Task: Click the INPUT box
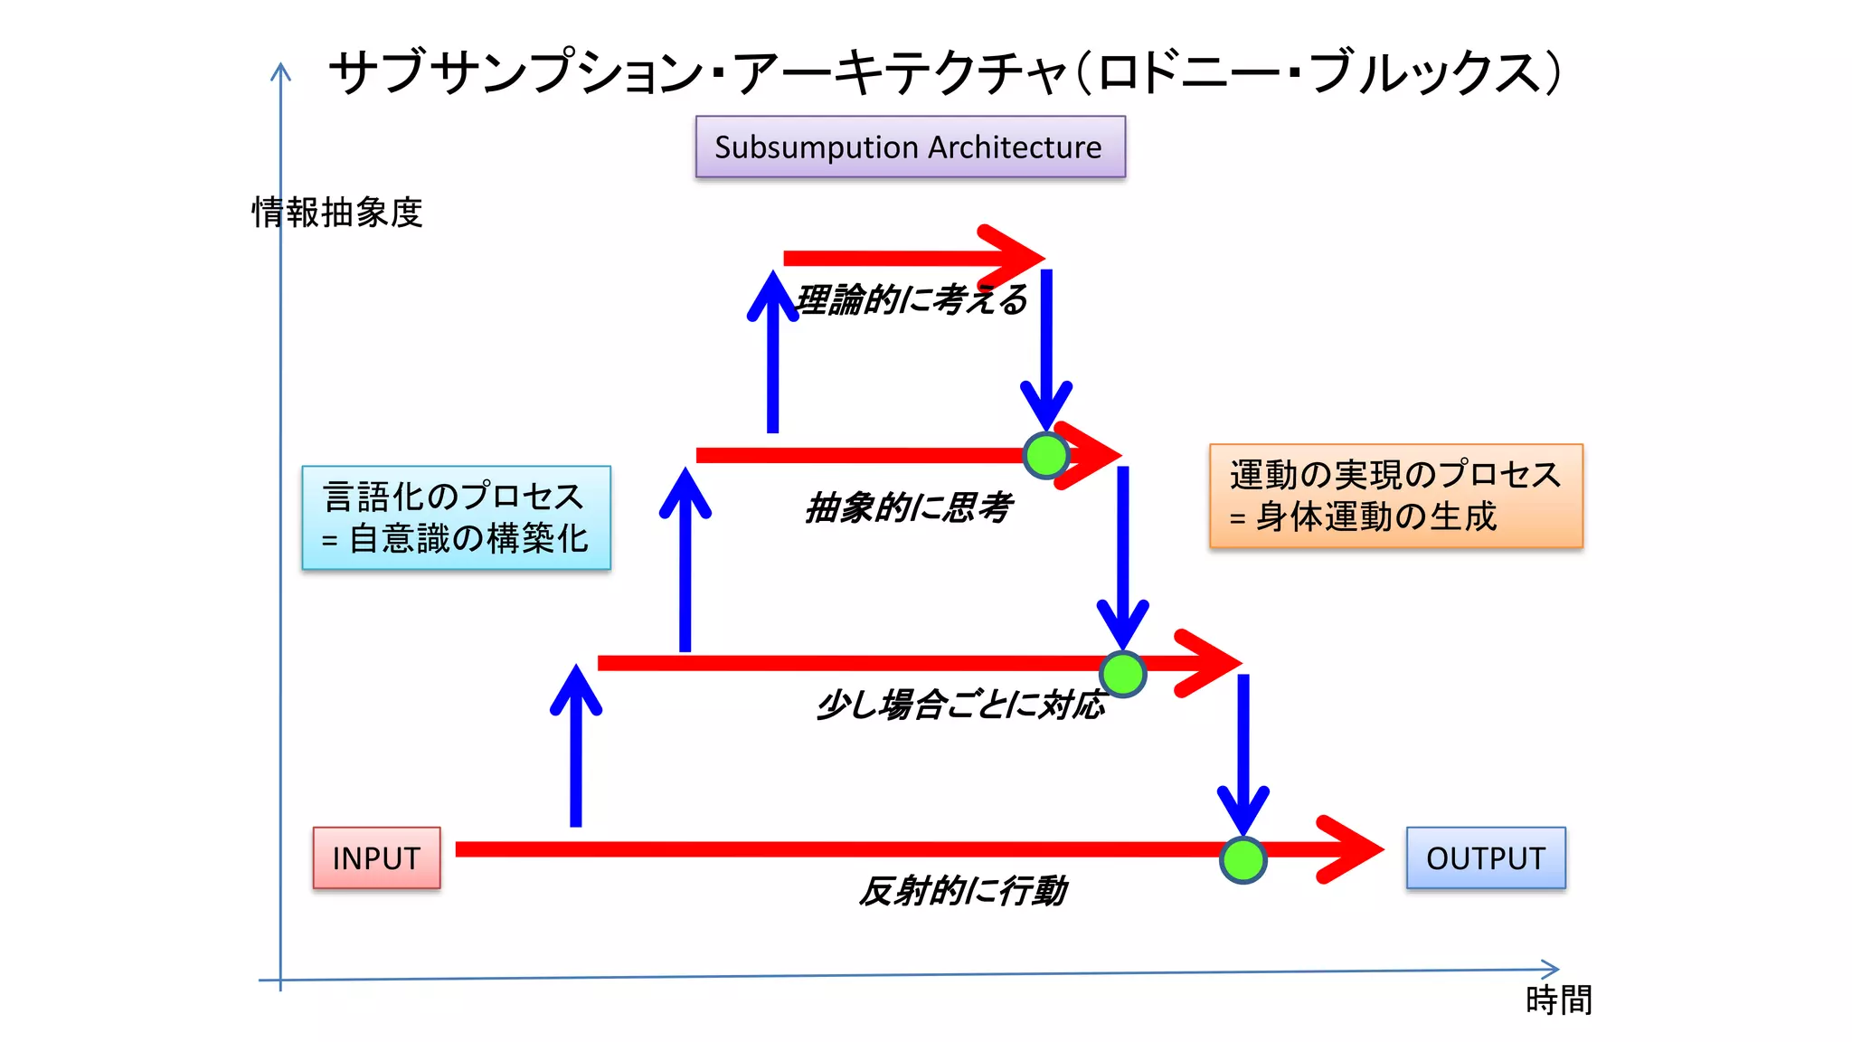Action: click(x=376, y=857)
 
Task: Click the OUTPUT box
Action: click(x=1486, y=857)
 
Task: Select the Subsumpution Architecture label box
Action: click(x=910, y=147)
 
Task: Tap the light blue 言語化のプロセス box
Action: click(x=456, y=517)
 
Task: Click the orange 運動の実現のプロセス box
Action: click(x=1395, y=496)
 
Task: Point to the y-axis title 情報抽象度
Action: click(x=337, y=213)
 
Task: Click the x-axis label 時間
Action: click(x=1558, y=1000)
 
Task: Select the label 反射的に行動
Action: click(x=962, y=891)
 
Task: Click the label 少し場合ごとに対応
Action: click(x=960, y=705)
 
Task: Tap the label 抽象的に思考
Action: click(x=908, y=507)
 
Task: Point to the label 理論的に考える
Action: click(x=912, y=299)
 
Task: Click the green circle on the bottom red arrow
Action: click(x=1243, y=859)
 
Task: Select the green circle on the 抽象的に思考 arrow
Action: click(x=1046, y=455)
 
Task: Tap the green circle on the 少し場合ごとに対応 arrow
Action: click(x=1122, y=674)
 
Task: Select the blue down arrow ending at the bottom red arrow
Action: click(x=1243, y=751)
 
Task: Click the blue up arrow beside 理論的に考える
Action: click(x=772, y=353)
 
